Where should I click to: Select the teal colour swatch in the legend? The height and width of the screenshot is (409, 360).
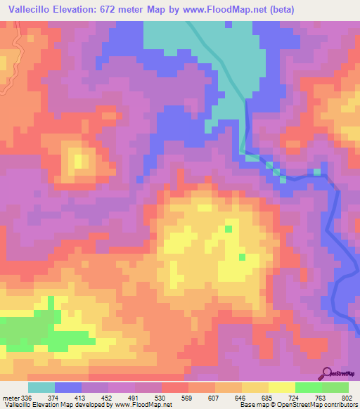(41, 387)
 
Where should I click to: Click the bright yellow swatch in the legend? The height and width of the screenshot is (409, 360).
(281, 387)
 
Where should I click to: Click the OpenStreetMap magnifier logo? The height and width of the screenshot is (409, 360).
(326, 374)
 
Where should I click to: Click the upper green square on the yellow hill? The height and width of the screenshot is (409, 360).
(228, 228)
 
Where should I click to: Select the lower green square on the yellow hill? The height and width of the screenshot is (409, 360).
(242, 257)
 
